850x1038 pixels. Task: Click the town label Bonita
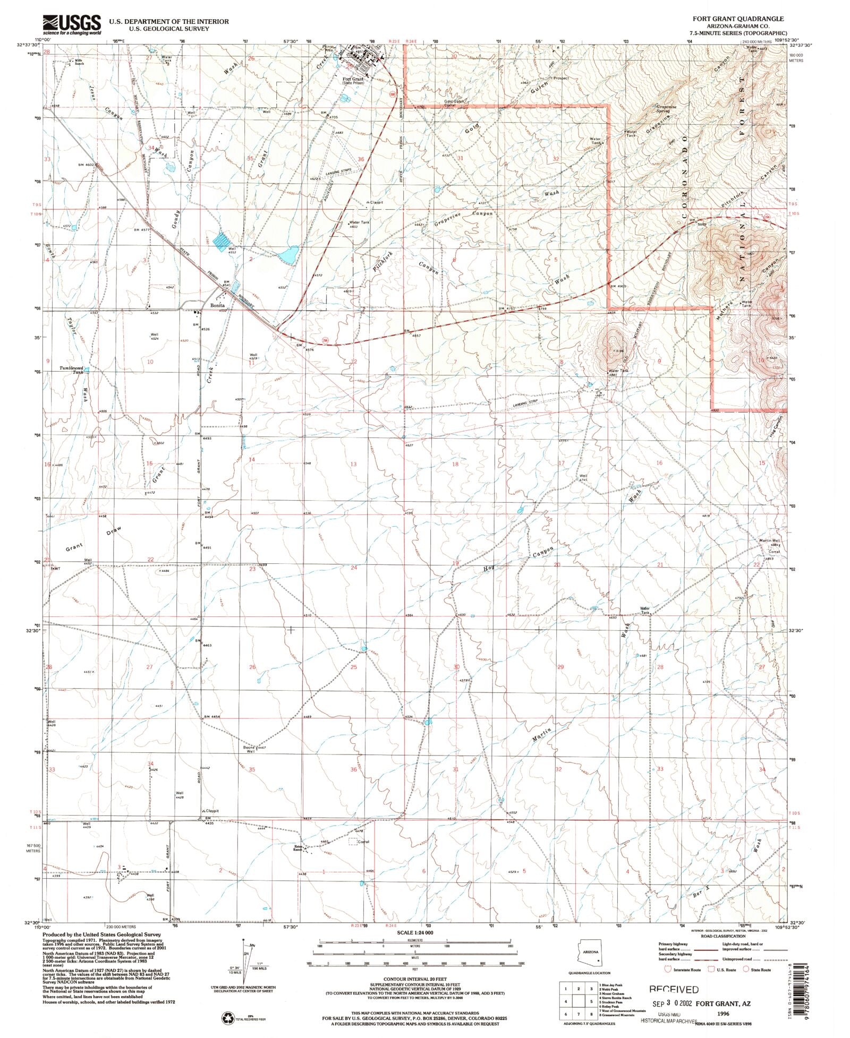pos(217,306)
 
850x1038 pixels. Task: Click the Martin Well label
pos(768,541)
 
